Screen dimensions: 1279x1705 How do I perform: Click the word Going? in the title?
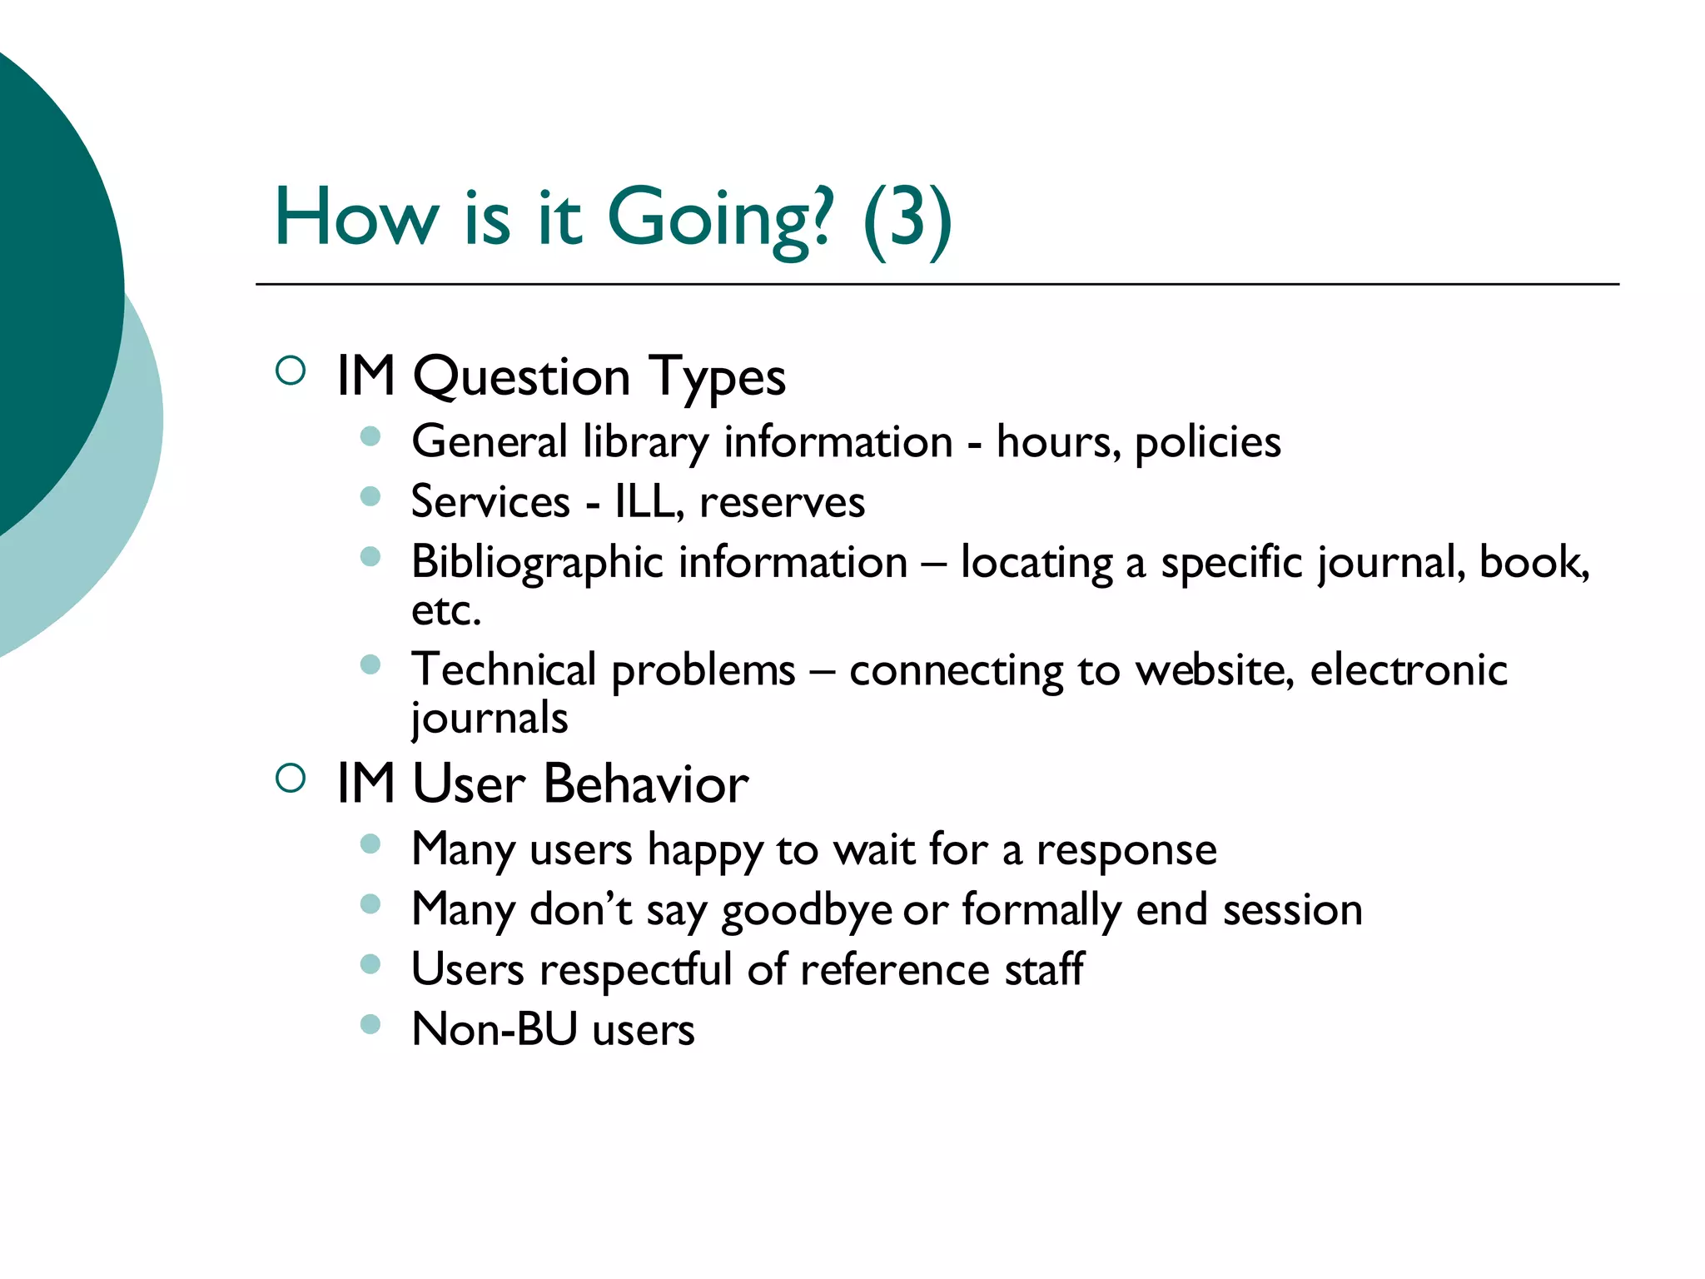[x=719, y=218]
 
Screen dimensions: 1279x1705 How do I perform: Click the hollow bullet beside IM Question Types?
[x=291, y=371]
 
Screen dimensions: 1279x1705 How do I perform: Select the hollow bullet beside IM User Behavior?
[x=291, y=779]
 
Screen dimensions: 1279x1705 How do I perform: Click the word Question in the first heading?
[x=521, y=377]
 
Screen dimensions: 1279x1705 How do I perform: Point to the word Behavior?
[x=646, y=784]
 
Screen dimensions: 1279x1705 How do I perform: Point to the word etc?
[x=446, y=611]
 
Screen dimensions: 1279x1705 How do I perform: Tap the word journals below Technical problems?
[x=490, y=719]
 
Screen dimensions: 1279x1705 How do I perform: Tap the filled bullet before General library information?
[x=370, y=436]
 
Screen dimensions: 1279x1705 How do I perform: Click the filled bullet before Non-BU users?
[x=370, y=1023]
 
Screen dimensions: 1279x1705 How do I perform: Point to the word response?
[x=1126, y=850]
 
